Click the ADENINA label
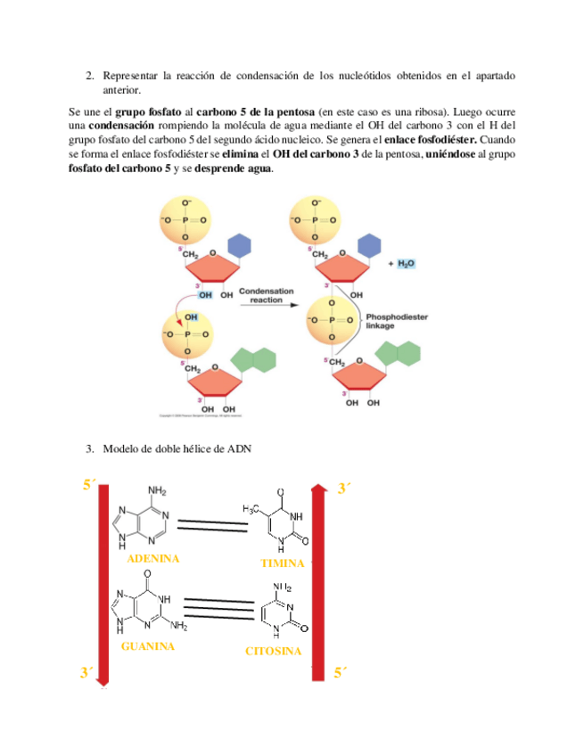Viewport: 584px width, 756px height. [153, 559]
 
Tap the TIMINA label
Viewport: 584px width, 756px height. [282, 563]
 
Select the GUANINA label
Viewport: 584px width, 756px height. [147, 646]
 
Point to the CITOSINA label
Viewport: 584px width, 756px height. [273, 651]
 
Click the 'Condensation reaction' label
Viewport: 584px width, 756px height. [272, 296]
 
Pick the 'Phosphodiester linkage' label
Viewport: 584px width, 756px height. [391, 320]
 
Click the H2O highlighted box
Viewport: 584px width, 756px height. [405, 264]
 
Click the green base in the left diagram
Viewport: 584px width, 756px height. [254, 360]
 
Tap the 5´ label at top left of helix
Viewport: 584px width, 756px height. [89, 486]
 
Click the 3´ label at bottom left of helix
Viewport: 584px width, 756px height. [87, 672]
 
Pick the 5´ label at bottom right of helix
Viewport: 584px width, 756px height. [341, 673]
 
